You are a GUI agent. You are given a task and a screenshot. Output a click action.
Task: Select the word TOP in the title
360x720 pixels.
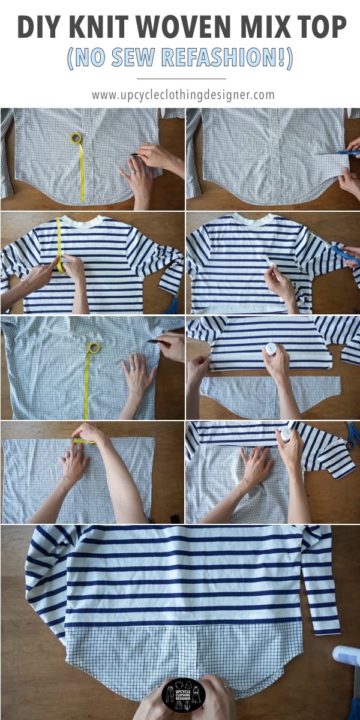[x=319, y=28]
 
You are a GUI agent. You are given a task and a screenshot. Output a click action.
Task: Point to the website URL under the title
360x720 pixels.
[x=183, y=95]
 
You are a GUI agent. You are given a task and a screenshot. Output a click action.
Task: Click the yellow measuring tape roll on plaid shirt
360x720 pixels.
[x=76, y=139]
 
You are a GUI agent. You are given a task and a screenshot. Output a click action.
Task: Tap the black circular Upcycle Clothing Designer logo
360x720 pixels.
[x=184, y=695]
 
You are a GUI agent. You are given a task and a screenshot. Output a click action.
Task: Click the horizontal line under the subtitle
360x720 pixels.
[x=181, y=78]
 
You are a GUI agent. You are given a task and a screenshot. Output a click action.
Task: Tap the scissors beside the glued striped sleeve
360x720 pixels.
[x=353, y=434]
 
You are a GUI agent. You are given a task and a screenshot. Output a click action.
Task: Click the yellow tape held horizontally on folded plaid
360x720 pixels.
[x=84, y=442]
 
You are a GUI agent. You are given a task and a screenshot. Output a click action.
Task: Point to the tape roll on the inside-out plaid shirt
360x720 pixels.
[x=94, y=348]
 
